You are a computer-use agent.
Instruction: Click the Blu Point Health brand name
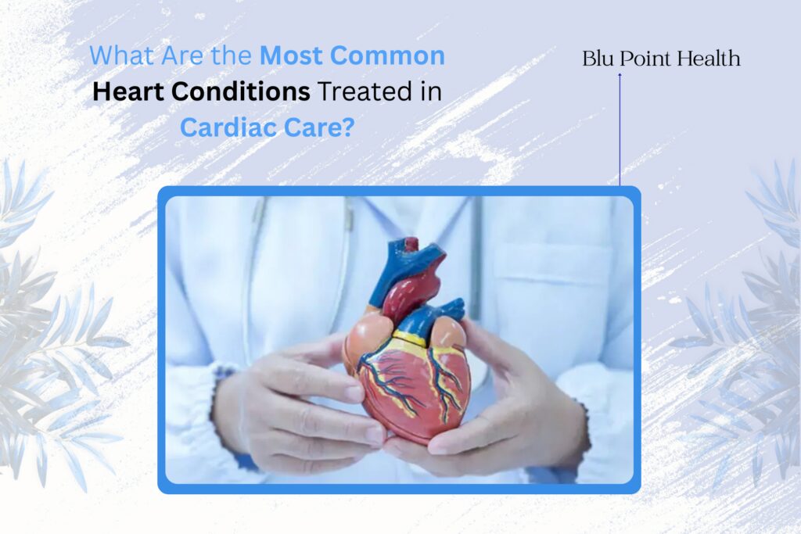tap(661, 59)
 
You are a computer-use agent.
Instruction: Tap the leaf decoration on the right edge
tap(751, 328)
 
